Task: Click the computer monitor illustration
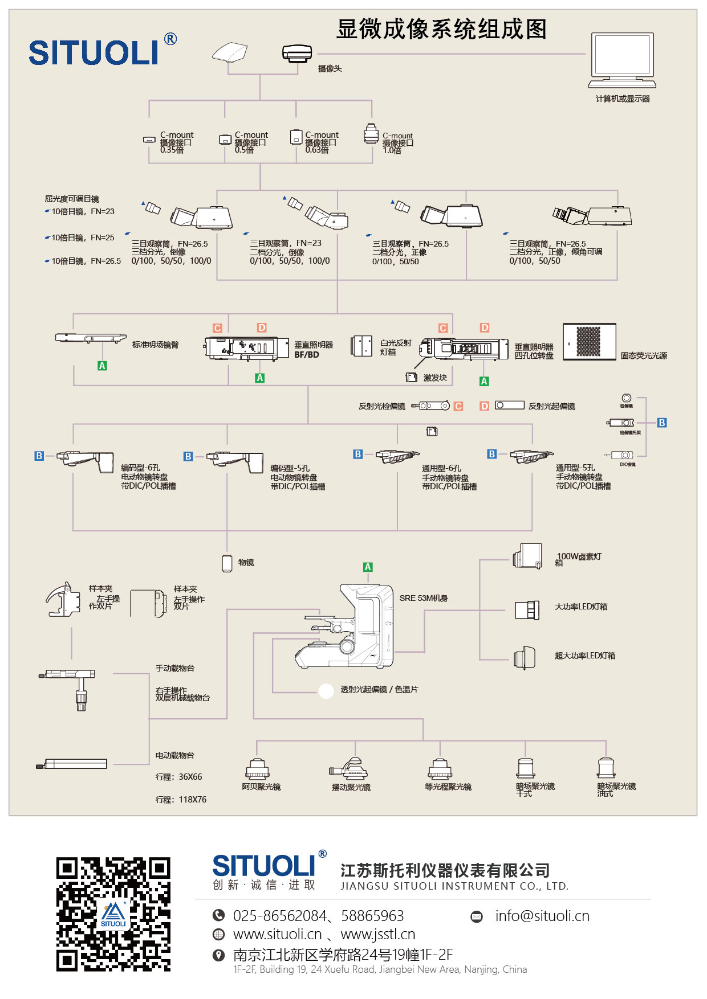point(622,59)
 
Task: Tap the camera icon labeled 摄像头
point(297,54)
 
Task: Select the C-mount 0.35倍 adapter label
point(176,142)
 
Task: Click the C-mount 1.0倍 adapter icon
point(371,134)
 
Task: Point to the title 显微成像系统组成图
point(441,29)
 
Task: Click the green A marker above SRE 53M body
point(368,567)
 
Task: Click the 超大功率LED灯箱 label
point(585,656)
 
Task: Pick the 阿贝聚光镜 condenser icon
point(257,769)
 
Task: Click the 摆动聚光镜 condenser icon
point(350,769)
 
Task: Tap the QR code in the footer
point(113,914)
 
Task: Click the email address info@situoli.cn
point(542,916)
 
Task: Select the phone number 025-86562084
point(279,916)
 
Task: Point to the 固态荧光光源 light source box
point(590,342)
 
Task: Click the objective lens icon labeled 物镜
point(227,563)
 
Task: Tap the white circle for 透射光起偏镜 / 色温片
point(326,691)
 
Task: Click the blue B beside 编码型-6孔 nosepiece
point(39,456)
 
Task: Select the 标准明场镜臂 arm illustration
point(90,338)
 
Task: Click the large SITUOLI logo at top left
point(94,52)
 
